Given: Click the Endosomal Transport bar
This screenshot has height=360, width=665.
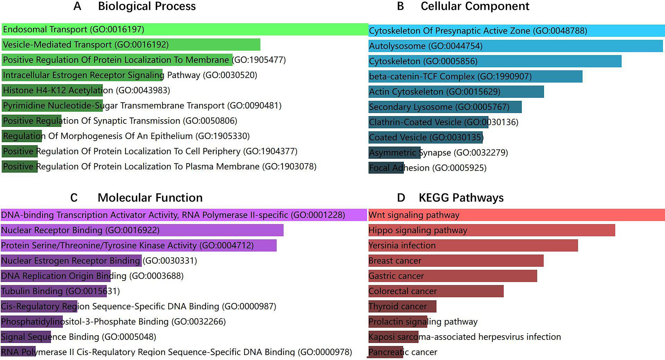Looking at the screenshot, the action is (x=185, y=29).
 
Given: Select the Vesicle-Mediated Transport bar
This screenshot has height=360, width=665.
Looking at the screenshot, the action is (x=131, y=44).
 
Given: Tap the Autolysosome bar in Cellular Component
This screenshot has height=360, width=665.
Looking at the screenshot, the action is (x=516, y=46).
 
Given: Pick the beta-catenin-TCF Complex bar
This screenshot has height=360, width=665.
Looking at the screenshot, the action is (x=475, y=76).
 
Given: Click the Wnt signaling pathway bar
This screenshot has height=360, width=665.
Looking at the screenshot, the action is (x=517, y=215).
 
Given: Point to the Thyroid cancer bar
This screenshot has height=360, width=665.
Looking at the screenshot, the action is (x=402, y=306).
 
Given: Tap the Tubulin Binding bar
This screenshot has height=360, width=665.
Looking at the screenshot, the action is (x=54, y=291).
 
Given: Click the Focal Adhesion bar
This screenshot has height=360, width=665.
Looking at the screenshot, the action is (x=386, y=168).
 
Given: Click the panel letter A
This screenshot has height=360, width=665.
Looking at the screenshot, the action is (x=77, y=6).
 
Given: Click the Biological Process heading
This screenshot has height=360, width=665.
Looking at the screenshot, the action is (x=147, y=6).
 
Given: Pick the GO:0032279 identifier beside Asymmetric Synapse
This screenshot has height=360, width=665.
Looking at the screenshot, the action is (x=481, y=153).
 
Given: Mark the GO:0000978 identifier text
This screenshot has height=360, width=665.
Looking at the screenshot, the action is (x=325, y=352).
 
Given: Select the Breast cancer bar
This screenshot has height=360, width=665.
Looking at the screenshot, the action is (x=456, y=261).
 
